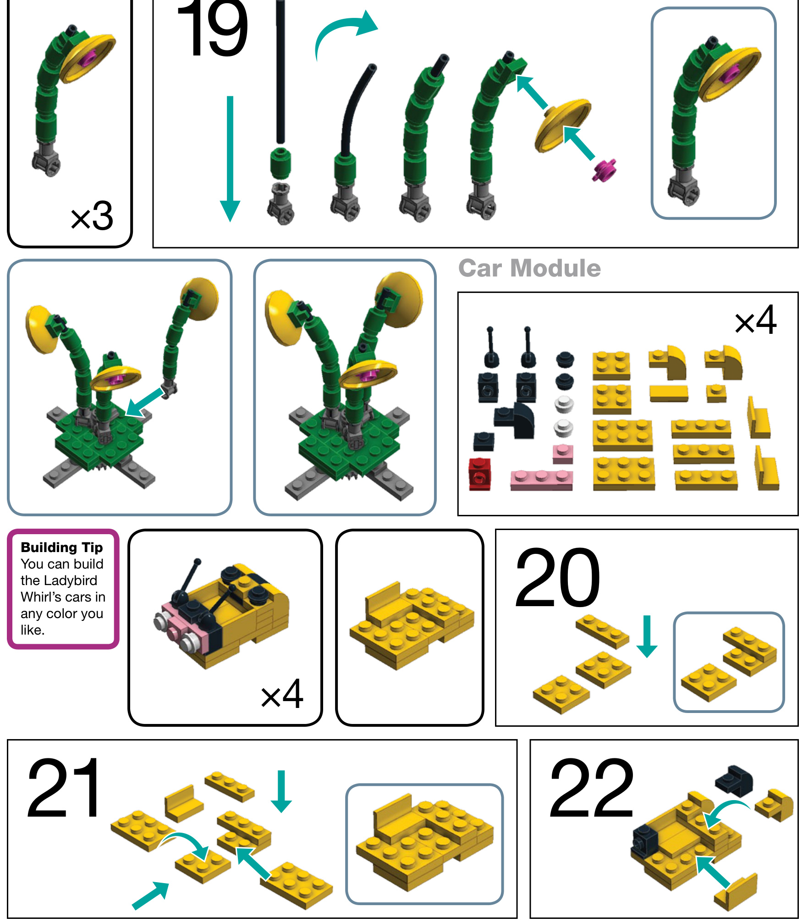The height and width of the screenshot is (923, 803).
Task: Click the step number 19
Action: (x=213, y=28)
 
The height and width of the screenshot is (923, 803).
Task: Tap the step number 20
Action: (x=557, y=577)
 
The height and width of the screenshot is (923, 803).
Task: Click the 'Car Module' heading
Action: (x=529, y=268)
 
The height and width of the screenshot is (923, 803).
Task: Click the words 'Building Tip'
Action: (x=62, y=547)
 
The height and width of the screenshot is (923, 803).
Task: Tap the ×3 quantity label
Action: (x=92, y=216)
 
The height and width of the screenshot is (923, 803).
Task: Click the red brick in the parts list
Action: (x=479, y=474)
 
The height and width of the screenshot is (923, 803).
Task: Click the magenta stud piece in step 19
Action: (x=604, y=170)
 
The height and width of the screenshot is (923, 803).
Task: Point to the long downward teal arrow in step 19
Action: (x=230, y=159)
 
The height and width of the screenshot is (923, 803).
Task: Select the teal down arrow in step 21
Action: (x=281, y=791)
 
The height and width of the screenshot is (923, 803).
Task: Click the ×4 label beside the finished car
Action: (x=282, y=694)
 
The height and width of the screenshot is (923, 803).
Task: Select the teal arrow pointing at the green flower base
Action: (x=144, y=403)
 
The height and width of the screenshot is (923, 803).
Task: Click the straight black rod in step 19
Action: (x=280, y=72)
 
